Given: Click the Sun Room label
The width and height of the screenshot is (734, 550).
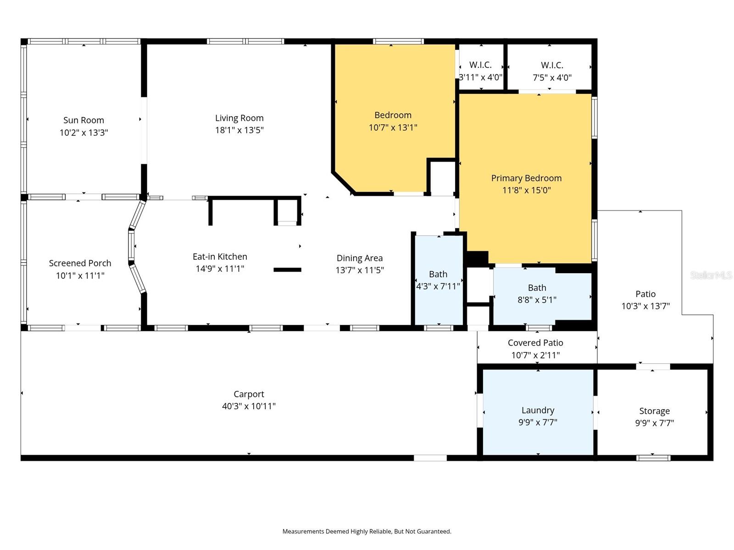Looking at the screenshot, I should click(x=83, y=120).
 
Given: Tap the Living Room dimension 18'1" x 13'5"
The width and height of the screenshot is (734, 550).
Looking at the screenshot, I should click(x=239, y=130).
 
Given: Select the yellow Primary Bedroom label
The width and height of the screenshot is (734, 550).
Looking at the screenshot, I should click(x=526, y=178).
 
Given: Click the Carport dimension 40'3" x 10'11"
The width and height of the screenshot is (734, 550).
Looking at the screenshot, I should click(x=249, y=406).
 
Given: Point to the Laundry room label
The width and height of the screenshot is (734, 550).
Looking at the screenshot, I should click(x=538, y=410).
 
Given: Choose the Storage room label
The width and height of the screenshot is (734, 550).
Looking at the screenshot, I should click(x=654, y=411).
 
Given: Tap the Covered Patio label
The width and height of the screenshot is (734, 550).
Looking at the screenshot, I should click(x=535, y=343).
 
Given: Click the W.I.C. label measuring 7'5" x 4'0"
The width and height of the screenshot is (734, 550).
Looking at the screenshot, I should click(x=552, y=65).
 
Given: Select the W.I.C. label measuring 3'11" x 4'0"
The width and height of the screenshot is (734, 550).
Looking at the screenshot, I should click(x=480, y=65).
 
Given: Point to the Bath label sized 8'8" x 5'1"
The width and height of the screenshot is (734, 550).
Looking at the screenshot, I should click(x=537, y=288).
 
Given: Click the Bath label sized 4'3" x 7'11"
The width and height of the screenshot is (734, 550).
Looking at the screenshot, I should click(x=438, y=274).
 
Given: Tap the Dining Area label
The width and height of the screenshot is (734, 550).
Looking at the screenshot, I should click(x=359, y=258).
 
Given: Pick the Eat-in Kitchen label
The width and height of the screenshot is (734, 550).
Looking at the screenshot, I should click(x=220, y=257).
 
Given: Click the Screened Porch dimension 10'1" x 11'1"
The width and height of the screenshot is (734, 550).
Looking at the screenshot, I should click(x=80, y=275).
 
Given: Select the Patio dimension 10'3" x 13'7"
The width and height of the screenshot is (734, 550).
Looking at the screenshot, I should click(x=645, y=306).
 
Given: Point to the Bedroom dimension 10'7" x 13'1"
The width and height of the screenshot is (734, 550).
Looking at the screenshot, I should click(x=393, y=127).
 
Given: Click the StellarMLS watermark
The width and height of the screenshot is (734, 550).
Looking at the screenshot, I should click(x=711, y=275).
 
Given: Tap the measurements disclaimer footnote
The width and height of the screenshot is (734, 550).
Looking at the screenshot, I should click(x=367, y=531).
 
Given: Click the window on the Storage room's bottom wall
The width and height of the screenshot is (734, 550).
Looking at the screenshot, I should click(x=653, y=458).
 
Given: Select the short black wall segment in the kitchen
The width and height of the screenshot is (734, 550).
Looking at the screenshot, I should click(x=287, y=270).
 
